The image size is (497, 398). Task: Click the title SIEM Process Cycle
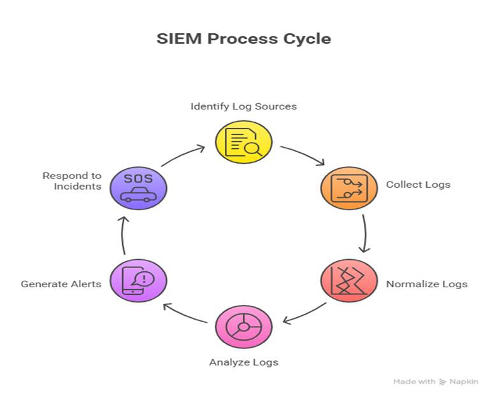(x=243, y=38)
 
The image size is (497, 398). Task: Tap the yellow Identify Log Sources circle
(x=243, y=142)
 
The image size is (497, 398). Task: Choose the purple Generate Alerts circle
(x=138, y=280)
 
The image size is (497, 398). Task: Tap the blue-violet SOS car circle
(x=138, y=188)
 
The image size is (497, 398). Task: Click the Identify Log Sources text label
(x=243, y=106)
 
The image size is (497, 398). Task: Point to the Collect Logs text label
(x=418, y=185)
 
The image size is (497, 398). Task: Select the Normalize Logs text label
(x=426, y=284)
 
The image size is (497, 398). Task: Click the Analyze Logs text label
(x=243, y=362)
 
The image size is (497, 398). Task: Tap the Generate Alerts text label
(x=61, y=284)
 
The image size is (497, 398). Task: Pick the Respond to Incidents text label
(x=72, y=181)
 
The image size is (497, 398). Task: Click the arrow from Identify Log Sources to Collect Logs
(x=303, y=155)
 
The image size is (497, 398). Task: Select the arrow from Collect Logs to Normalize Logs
(x=364, y=233)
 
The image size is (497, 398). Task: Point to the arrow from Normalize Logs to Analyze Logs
(x=304, y=313)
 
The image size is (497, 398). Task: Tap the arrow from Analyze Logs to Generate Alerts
(x=185, y=314)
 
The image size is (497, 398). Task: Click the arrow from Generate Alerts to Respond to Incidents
(x=124, y=235)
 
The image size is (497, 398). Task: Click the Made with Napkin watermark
(x=435, y=381)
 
